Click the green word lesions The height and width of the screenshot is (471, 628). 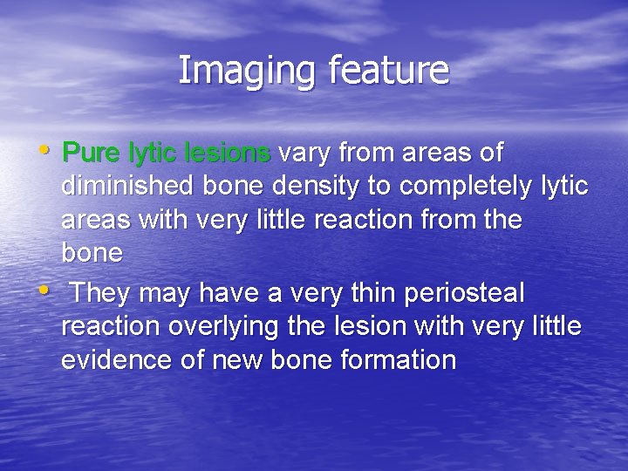coord(229,154)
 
